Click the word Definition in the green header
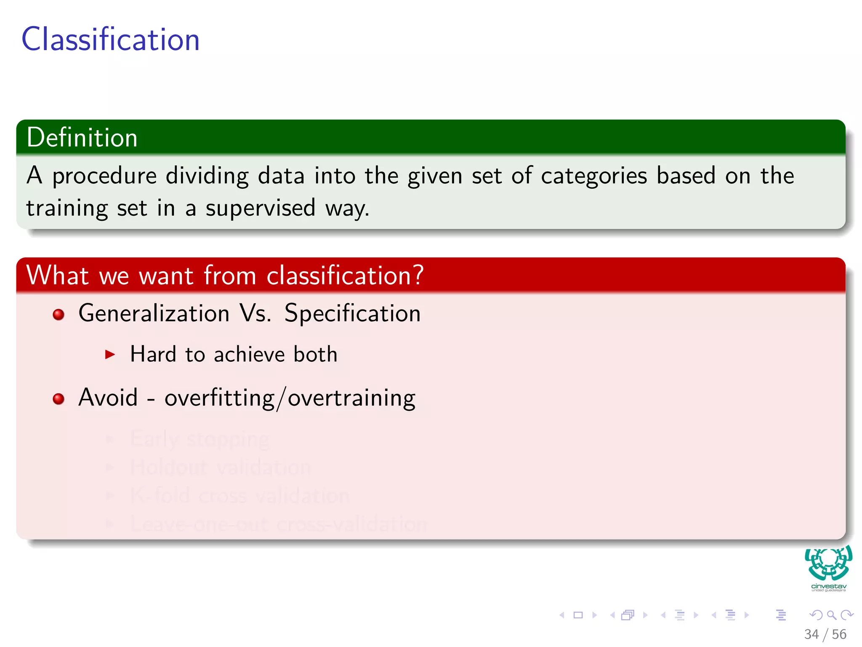[x=82, y=138]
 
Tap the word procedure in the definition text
[x=104, y=176]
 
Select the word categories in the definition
[x=593, y=176]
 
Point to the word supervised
[x=260, y=208]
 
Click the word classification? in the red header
[x=345, y=275]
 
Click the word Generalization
[x=154, y=313]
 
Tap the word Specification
[x=352, y=313]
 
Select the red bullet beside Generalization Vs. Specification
[x=59, y=315]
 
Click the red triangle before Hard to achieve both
[x=110, y=354]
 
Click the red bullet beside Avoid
[x=59, y=399]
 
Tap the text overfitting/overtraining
[x=290, y=398]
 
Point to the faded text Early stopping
[x=200, y=439]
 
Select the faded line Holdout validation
[x=221, y=467]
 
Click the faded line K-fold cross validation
[x=240, y=495]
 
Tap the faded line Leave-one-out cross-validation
[x=278, y=524]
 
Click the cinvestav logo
[x=828, y=568]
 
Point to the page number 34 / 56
[x=825, y=634]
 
